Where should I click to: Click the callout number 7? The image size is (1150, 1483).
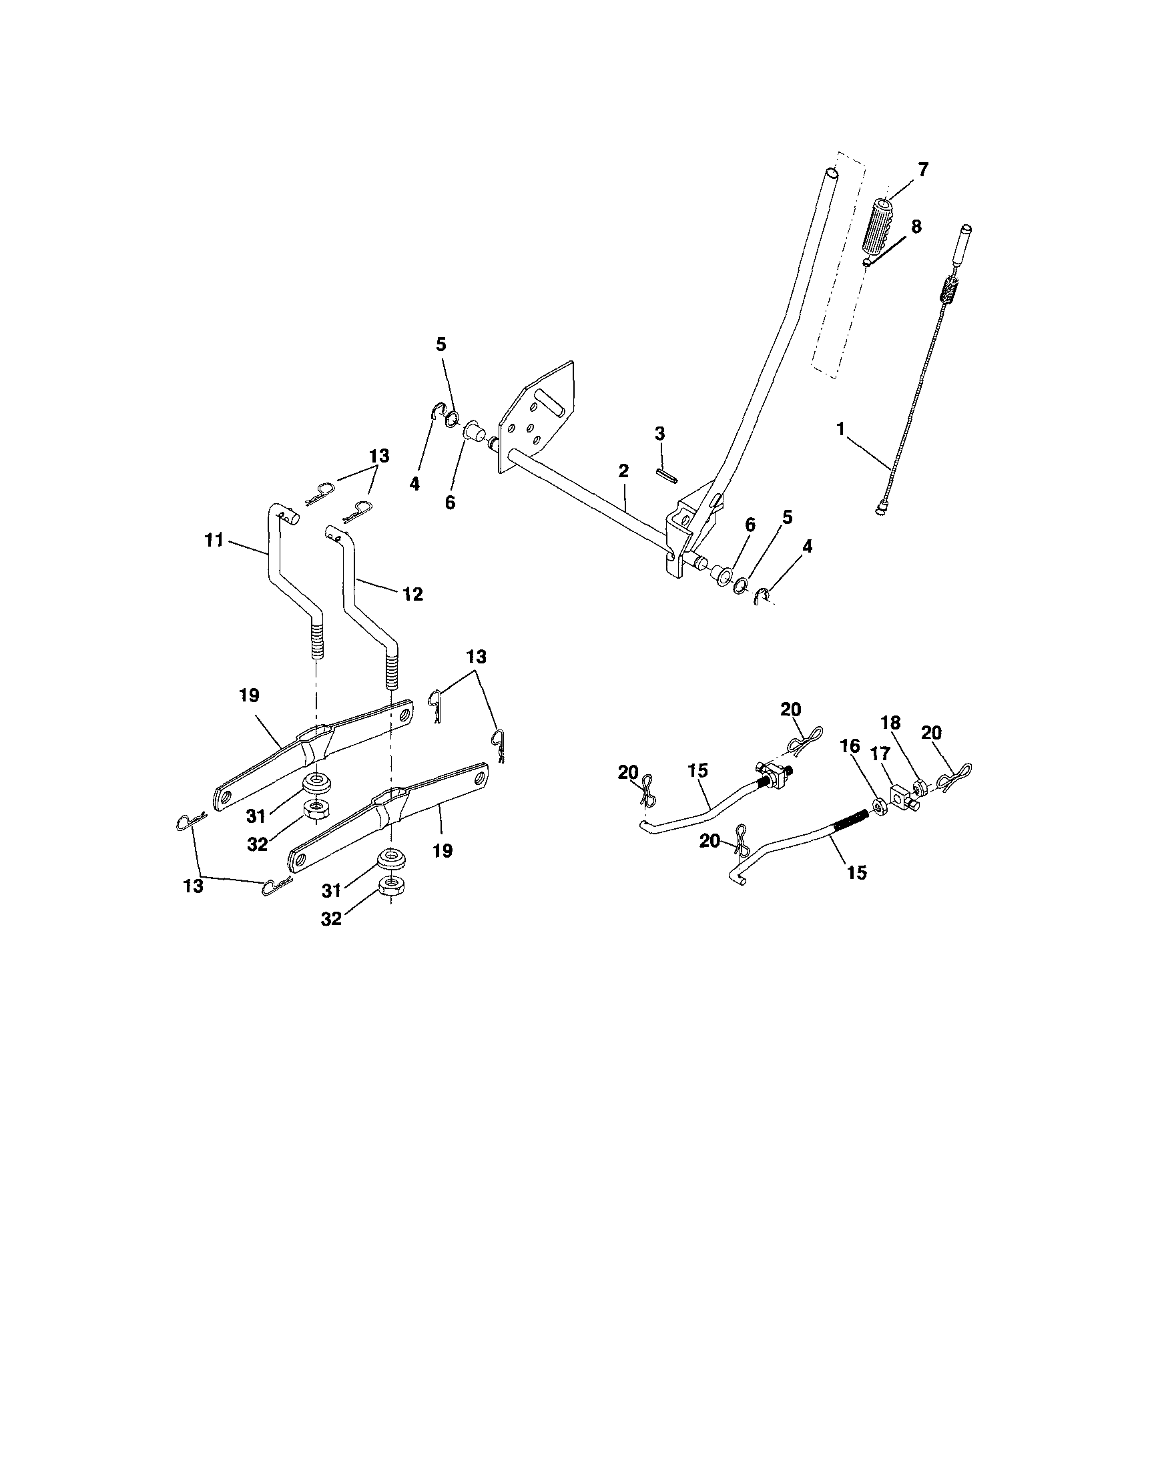[x=922, y=170]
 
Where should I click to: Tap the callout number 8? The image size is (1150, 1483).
[x=916, y=227]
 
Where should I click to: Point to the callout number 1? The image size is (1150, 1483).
[x=841, y=429]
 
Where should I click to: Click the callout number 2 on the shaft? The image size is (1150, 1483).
[x=623, y=471]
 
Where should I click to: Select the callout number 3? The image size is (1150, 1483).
[x=660, y=433]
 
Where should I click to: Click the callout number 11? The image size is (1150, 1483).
[x=214, y=541]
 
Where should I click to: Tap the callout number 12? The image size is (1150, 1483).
[x=412, y=594]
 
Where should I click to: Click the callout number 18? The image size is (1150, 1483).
[x=890, y=741]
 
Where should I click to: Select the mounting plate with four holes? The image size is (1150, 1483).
[x=537, y=421]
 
